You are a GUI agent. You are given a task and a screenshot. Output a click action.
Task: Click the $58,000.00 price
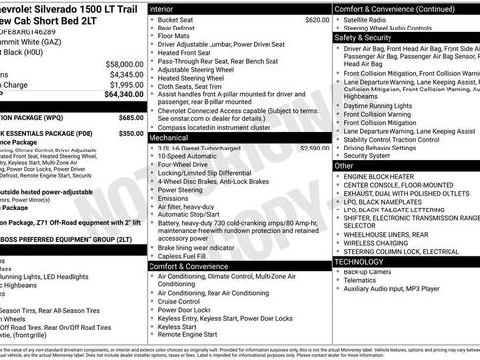[x=122, y=63]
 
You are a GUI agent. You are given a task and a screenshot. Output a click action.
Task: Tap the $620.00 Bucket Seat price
[x=316, y=19]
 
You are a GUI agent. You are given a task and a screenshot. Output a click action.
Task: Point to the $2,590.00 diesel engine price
[x=314, y=148]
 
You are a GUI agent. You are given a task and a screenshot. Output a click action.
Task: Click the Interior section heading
[x=162, y=8]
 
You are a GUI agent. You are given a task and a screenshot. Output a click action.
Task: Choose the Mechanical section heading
[x=169, y=137]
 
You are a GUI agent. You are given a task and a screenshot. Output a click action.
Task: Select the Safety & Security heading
[x=363, y=37]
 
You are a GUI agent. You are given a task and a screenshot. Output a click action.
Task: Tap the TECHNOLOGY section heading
[x=359, y=262]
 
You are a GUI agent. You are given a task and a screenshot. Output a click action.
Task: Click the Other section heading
[x=345, y=166]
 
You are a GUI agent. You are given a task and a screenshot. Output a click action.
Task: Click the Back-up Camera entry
[x=370, y=271]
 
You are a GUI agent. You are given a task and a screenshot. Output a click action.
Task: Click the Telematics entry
[x=362, y=279]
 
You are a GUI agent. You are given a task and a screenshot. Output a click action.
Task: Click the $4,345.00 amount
[x=125, y=74]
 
